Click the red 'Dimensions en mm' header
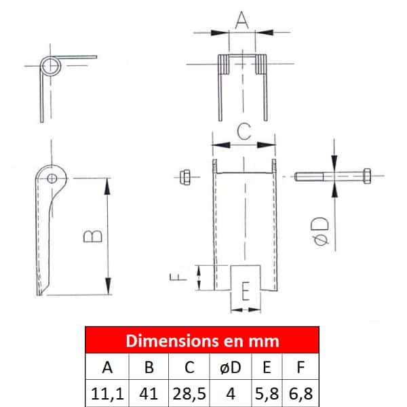coord(202,341)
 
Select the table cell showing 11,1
coord(107,393)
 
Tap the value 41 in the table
coord(149,393)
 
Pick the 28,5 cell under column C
coord(189,393)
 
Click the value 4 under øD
coord(231,393)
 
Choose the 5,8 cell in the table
coord(267,393)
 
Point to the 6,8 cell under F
coord(301,393)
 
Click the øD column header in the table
coord(231,367)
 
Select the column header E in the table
coord(267,367)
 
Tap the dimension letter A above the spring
coord(241,20)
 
